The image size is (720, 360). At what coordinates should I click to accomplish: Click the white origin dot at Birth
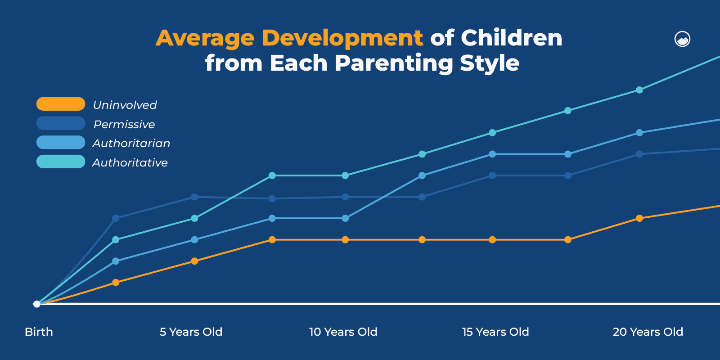pos(37,304)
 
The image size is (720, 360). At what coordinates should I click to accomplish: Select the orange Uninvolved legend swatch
pos(61,104)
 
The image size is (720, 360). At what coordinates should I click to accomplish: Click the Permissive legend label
pos(124,125)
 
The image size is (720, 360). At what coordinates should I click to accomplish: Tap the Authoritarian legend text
pos(131,144)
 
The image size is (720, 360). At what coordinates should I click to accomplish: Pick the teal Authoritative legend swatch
pos(61,162)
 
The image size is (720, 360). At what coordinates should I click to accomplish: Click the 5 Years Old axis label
pos(191,332)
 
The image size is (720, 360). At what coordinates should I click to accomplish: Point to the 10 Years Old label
pos(343,332)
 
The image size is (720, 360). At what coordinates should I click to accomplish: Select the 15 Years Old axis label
pos(495,332)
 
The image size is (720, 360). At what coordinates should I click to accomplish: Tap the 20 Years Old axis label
pos(648,332)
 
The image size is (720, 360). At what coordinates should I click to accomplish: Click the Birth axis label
pos(39,332)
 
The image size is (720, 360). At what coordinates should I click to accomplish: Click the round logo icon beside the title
pos(682,39)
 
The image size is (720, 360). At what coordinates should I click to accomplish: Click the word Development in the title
pos(342,38)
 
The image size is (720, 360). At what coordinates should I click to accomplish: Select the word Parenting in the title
pos(394,63)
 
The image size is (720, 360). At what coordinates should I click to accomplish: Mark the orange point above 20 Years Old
pos(639,218)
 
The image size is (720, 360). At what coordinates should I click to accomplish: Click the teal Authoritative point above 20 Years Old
pos(639,90)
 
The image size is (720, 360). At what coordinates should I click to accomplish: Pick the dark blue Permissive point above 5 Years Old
pos(194,197)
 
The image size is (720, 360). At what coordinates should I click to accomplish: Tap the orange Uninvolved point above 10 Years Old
pos(345,240)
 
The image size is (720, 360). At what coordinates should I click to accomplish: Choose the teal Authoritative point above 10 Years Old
pos(345,175)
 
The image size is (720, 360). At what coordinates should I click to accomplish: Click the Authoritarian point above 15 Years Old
pos(492,154)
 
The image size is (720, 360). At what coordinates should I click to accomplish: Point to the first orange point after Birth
pos(116,283)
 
